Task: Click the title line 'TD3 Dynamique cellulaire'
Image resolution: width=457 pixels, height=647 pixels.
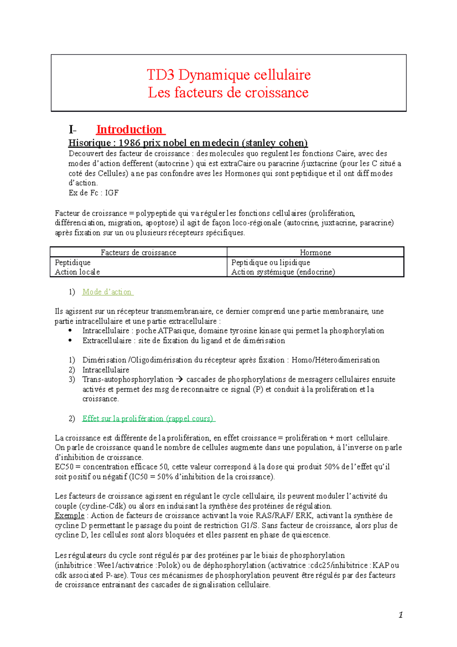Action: (x=228, y=75)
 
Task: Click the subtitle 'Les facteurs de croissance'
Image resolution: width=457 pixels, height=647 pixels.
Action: (x=228, y=93)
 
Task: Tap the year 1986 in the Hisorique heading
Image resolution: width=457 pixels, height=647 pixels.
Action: (x=130, y=143)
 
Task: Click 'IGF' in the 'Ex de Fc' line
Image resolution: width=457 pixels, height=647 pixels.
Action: (x=112, y=193)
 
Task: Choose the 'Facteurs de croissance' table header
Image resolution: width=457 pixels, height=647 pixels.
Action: (x=138, y=252)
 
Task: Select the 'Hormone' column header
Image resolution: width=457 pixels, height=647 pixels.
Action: (x=315, y=252)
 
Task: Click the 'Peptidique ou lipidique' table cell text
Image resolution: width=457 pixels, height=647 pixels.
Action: (x=270, y=263)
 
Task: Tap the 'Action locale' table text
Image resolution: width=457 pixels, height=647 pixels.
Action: (x=77, y=272)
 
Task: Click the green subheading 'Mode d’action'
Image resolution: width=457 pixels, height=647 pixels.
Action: (x=107, y=292)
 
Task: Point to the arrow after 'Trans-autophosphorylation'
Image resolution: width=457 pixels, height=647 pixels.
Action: (x=179, y=380)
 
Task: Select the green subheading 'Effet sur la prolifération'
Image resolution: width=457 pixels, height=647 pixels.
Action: (x=149, y=418)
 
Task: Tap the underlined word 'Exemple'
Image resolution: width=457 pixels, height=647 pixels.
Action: (x=69, y=516)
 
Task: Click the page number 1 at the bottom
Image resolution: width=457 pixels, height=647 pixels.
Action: (x=400, y=615)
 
